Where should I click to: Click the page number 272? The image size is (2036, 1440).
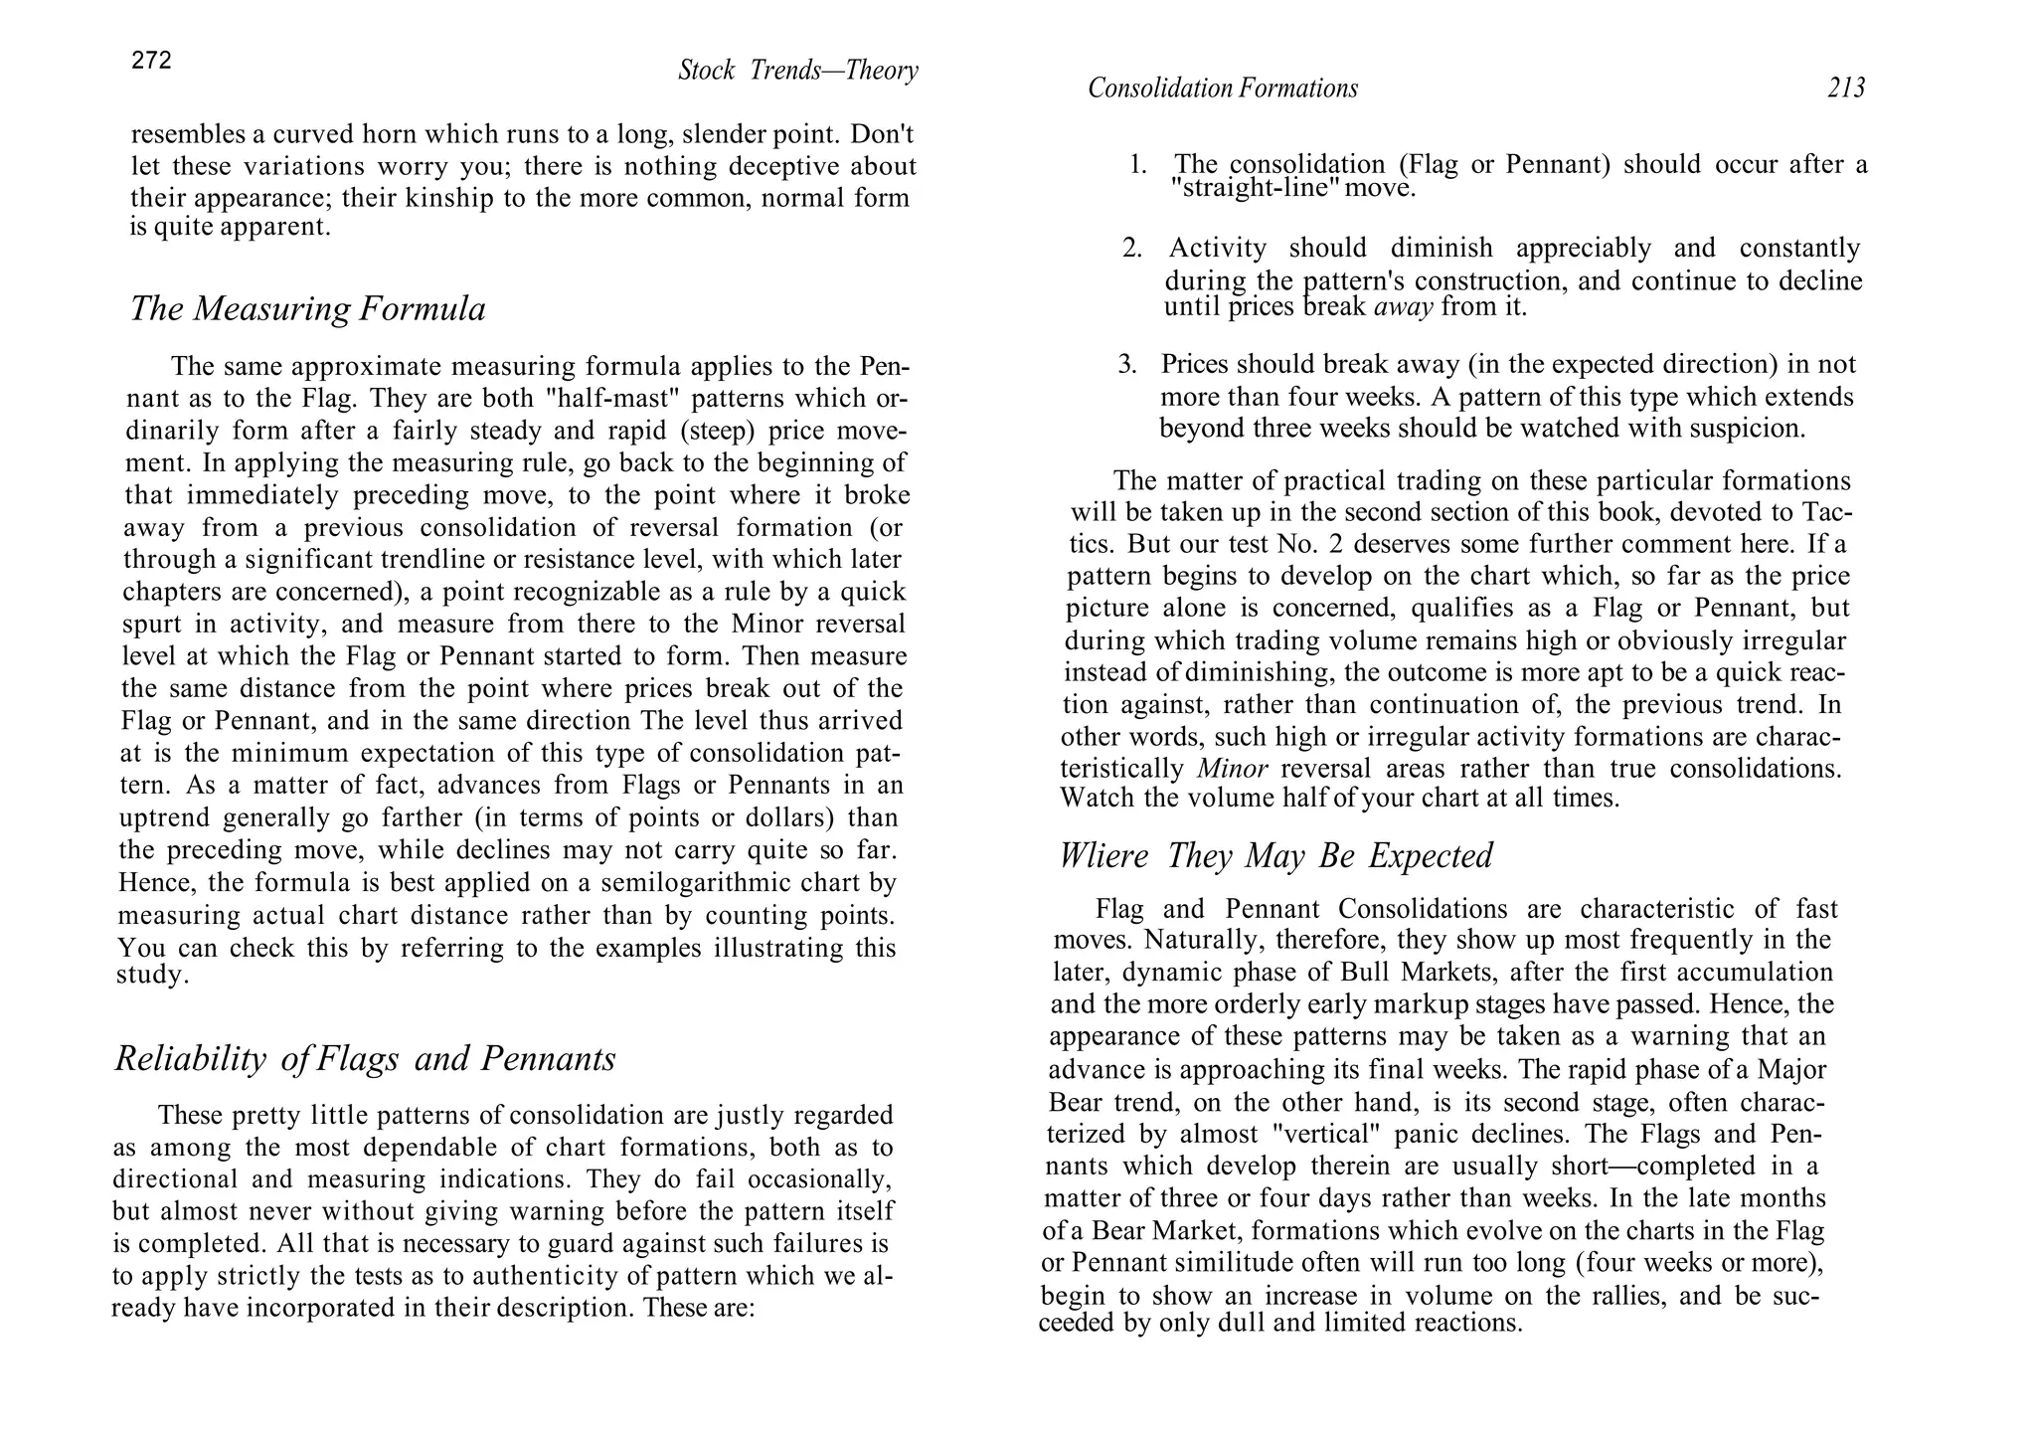(151, 61)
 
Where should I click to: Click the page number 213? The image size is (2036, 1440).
(1845, 89)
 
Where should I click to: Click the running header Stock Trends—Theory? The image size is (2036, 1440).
(797, 71)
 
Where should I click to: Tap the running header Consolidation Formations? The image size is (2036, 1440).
(1222, 89)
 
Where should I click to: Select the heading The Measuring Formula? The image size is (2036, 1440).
(308, 309)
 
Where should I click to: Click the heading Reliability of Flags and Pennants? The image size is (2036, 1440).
(365, 1058)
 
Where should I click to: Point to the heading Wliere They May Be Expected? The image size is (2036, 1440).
(1275, 855)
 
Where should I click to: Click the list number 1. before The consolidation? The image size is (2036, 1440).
(1138, 165)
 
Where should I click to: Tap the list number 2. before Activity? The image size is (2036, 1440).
(1132, 249)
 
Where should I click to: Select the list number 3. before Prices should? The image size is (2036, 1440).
(1126, 365)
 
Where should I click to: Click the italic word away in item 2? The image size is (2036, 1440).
(1403, 307)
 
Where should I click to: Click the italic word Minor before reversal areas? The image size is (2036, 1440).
(1232, 769)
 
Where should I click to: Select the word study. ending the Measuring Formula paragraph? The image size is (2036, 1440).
(152, 975)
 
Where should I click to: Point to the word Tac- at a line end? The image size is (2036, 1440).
(1826, 513)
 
